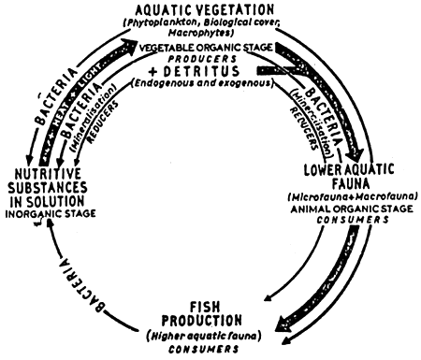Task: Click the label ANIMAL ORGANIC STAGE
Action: pos(352,209)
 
